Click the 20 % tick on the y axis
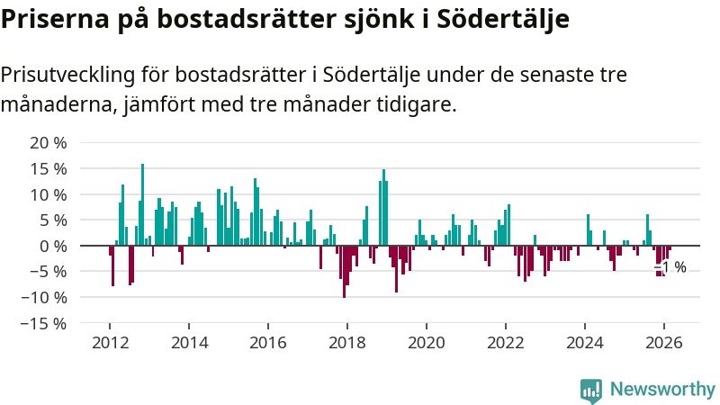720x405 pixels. (x=49, y=143)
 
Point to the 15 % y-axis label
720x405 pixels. (x=49, y=169)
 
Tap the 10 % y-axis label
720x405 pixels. (x=49, y=194)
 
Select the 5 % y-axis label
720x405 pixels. (x=52, y=220)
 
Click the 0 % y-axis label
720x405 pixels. (x=52, y=246)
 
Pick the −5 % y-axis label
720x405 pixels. (x=49, y=272)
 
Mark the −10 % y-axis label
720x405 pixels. (x=44, y=297)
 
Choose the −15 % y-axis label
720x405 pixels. (x=44, y=323)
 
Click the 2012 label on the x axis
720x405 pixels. (x=110, y=342)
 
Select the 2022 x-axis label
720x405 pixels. (x=506, y=342)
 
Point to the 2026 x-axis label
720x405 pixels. (x=664, y=342)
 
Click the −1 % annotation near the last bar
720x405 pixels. (x=671, y=267)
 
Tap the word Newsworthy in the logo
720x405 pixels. (x=662, y=389)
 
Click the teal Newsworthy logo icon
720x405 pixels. (x=591, y=389)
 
